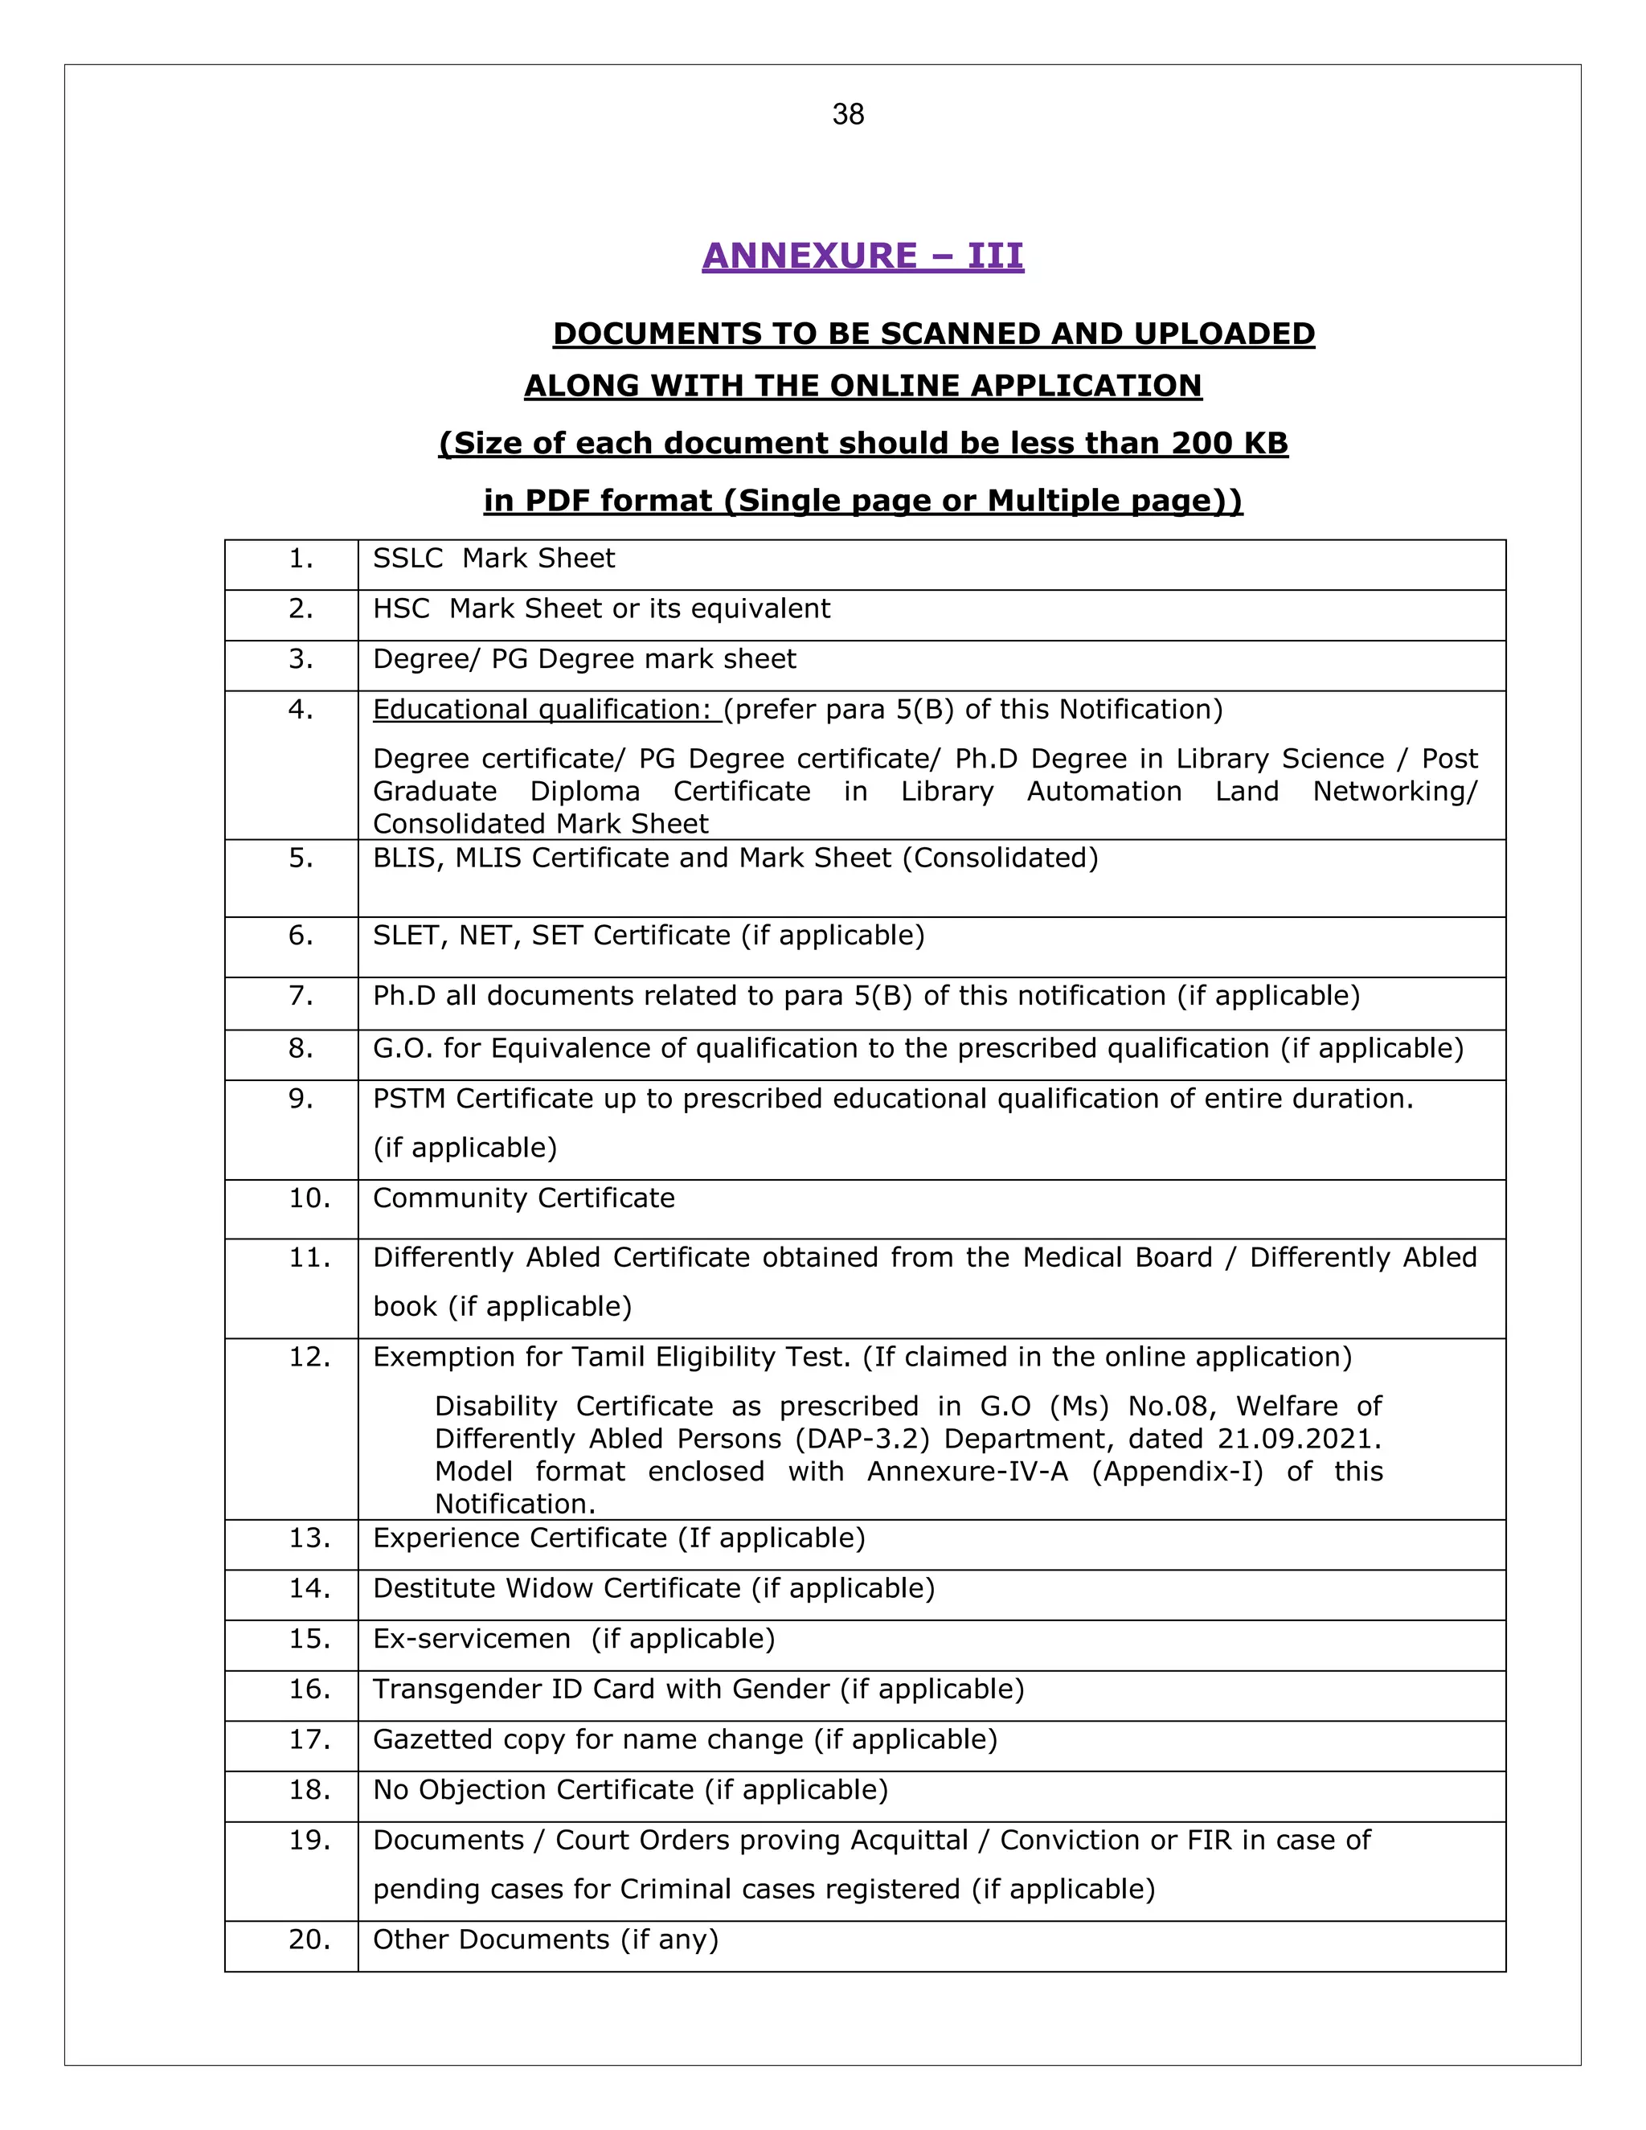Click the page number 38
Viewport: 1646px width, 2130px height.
click(x=847, y=115)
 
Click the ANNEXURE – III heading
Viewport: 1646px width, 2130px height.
click(x=862, y=256)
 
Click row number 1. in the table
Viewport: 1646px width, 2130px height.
click(x=301, y=559)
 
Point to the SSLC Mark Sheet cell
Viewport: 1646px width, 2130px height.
click(x=493, y=559)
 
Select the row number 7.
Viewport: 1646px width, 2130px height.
click(x=301, y=996)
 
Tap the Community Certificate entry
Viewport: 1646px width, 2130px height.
click(x=524, y=1198)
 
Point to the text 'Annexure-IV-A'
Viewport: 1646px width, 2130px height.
click(x=968, y=1471)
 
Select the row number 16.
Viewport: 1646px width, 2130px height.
click(x=309, y=1690)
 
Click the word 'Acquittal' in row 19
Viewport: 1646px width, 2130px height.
click(x=909, y=1841)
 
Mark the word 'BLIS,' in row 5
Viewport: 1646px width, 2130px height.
click(x=403, y=858)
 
